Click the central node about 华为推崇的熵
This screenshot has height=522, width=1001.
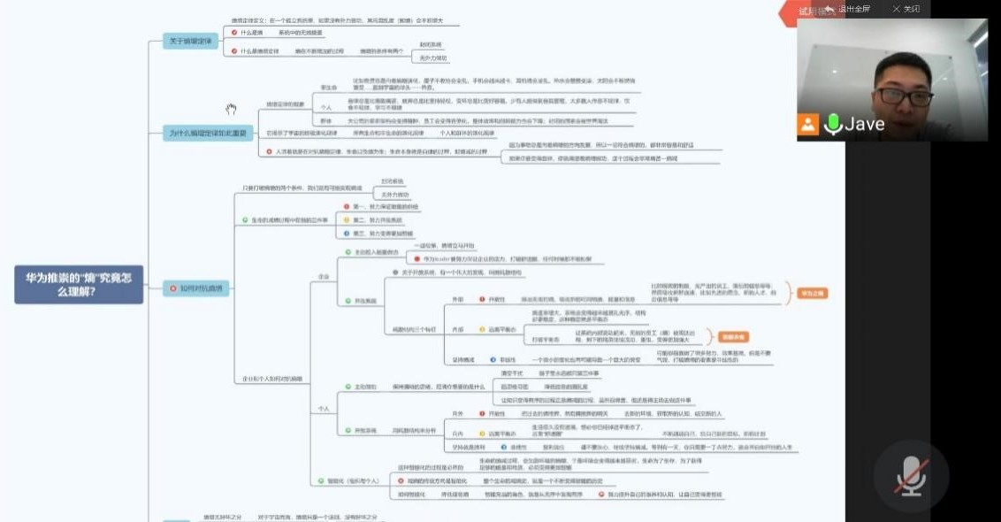(x=79, y=284)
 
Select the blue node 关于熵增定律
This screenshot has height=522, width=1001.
(x=189, y=41)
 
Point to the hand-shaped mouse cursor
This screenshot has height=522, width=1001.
(x=231, y=110)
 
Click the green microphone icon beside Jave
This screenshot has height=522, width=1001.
(x=832, y=125)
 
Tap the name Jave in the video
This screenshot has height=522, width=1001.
(x=864, y=125)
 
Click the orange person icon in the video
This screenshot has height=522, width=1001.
(x=808, y=125)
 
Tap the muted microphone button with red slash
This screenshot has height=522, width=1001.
(x=911, y=476)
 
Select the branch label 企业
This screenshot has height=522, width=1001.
(x=324, y=276)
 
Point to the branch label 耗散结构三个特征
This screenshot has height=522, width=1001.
(x=409, y=329)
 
